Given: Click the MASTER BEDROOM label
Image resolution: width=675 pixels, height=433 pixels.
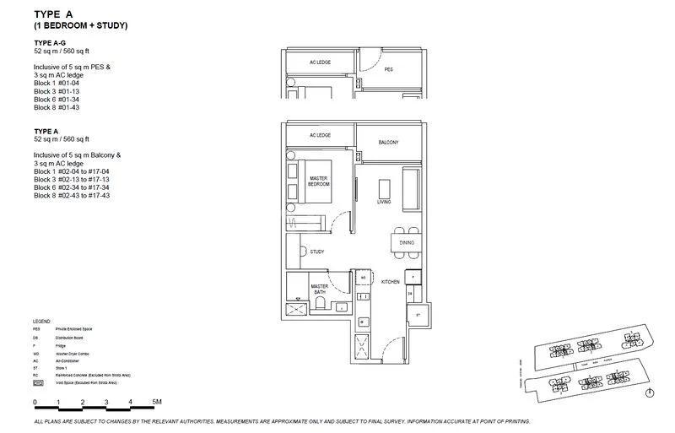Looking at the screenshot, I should pyautogui.click(x=319, y=181).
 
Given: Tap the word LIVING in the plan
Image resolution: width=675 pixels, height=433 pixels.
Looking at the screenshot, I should pyautogui.click(x=384, y=201).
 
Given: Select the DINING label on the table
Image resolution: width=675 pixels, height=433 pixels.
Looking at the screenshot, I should pyautogui.click(x=408, y=243).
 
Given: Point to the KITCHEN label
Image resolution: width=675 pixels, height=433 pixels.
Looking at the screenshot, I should pyautogui.click(x=389, y=281).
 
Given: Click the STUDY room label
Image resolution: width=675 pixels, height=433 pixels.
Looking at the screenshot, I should pyautogui.click(x=317, y=252).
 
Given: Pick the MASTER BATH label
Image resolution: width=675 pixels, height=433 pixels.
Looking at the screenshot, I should pyautogui.click(x=319, y=290).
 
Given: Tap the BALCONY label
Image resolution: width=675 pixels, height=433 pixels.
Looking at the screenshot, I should pyautogui.click(x=388, y=142).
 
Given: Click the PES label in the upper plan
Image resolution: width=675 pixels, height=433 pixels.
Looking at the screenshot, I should pyautogui.click(x=389, y=70).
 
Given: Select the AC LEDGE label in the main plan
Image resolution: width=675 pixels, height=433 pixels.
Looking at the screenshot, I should pyautogui.click(x=320, y=135).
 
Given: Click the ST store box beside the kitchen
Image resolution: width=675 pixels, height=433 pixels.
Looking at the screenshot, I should pyautogui.click(x=417, y=313).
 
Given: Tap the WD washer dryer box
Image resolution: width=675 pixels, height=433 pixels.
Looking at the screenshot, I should pyautogui.click(x=363, y=278).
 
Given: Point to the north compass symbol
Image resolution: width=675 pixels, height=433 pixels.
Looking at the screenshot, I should pyautogui.click(x=650, y=392).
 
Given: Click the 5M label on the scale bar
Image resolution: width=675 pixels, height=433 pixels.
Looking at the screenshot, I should pyautogui.click(x=156, y=403).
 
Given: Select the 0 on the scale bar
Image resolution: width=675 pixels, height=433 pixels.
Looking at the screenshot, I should pyautogui.click(x=35, y=403).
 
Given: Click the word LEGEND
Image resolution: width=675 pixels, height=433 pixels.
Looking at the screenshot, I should pyautogui.click(x=45, y=322).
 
